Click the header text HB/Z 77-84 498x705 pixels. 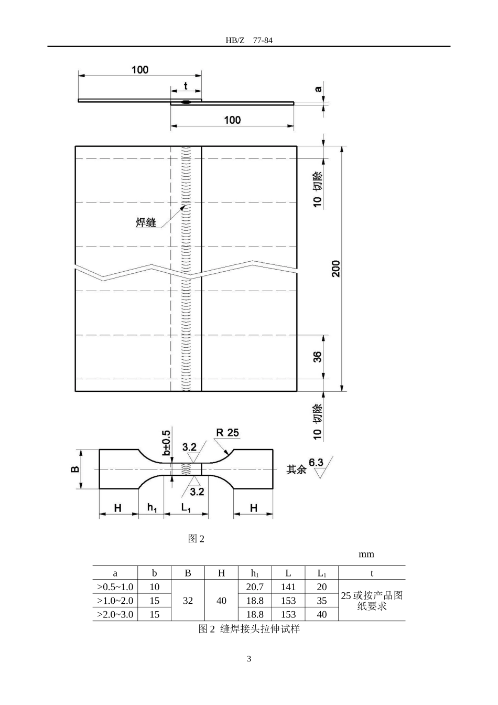pos(249,40)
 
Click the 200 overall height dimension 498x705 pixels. pos(336,269)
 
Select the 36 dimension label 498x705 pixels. pos(318,357)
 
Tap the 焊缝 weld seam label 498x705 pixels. pos(146,222)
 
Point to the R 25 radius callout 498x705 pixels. pos(228,433)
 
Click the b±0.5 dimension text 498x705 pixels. pos(166,443)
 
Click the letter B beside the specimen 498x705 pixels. pos(74,469)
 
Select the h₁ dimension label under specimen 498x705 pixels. pos(152,508)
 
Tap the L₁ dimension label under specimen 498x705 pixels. pos(186,508)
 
